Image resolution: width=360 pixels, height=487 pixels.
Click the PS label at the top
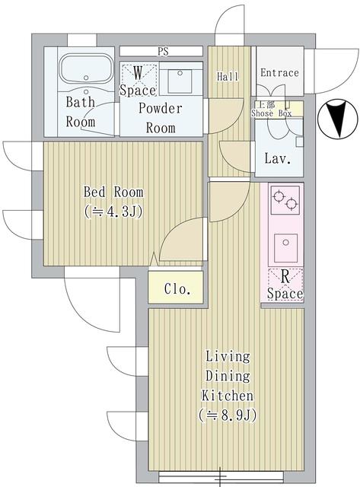162,52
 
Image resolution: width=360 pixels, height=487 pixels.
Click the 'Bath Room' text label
81,111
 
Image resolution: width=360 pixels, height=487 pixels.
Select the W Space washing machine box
138,80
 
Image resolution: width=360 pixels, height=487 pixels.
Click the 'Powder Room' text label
160,117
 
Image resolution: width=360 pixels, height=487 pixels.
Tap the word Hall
228,77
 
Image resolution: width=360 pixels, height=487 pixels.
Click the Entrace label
279,73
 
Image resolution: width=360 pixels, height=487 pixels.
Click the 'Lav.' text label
276,159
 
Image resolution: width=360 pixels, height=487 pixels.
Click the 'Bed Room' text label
113,192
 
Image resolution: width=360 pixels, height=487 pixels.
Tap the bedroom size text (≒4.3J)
112,213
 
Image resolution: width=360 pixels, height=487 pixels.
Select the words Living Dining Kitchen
228,376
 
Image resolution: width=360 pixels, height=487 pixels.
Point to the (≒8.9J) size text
227,415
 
